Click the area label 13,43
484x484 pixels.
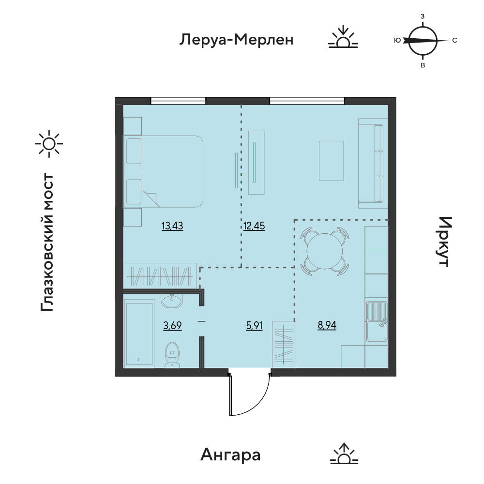(172, 226)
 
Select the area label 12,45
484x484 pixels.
(254, 226)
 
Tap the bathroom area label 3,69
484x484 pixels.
(172, 325)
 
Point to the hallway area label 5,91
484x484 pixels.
(254, 325)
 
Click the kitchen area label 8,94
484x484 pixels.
(327, 325)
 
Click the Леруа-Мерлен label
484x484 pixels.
(236, 40)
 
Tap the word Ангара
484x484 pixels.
(230, 454)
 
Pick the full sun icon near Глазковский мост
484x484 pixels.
(49, 144)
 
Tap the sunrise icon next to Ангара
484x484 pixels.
(344, 454)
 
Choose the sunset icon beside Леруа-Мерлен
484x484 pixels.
(343, 37)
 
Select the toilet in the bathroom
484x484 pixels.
(172, 354)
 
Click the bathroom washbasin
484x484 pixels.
(172, 300)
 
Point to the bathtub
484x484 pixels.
(139, 333)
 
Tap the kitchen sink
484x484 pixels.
(377, 321)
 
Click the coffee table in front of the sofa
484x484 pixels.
(331, 161)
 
